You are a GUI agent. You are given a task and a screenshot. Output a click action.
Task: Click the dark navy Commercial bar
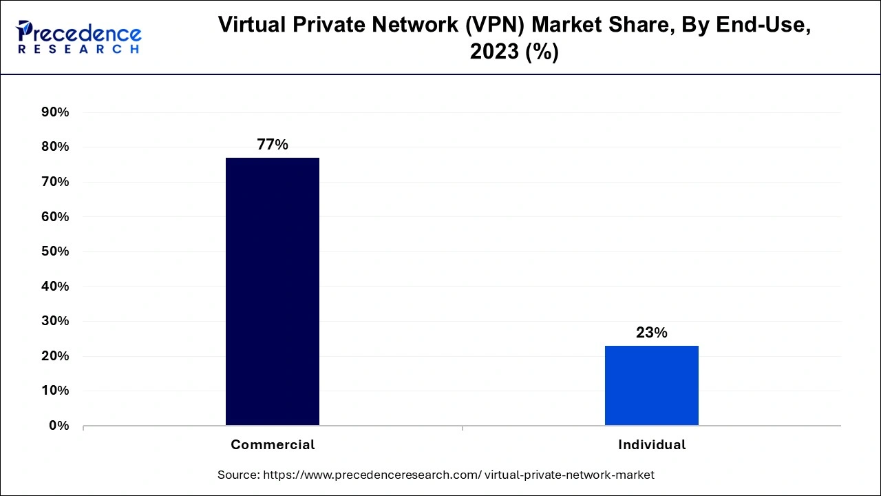(x=273, y=291)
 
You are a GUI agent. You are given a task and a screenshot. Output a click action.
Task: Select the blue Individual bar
(x=651, y=385)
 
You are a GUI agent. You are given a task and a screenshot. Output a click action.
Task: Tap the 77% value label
(x=273, y=145)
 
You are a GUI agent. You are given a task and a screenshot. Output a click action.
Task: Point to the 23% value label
(x=651, y=333)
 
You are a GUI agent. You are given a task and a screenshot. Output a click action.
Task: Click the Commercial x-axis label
(x=273, y=445)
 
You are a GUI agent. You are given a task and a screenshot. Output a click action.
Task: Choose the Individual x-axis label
(x=652, y=445)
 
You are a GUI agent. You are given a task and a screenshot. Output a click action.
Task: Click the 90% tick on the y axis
(x=55, y=112)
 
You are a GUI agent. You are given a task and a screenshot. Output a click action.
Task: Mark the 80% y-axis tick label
(x=55, y=147)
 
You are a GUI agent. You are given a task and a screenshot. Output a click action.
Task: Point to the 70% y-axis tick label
(x=55, y=182)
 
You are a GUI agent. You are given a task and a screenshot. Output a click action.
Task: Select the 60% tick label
(x=55, y=217)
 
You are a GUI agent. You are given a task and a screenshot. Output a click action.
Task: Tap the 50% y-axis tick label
(x=55, y=251)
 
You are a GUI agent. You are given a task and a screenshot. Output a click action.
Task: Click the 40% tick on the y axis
(x=55, y=287)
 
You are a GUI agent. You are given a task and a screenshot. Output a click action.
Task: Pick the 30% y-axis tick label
(x=55, y=321)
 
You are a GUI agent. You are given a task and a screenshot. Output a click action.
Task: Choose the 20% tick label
(x=55, y=356)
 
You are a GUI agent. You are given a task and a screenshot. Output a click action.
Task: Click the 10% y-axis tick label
(x=55, y=391)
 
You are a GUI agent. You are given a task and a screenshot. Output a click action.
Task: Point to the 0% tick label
(x=59, y=426)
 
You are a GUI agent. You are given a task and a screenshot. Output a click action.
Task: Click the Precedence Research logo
(x=78, y=37)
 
